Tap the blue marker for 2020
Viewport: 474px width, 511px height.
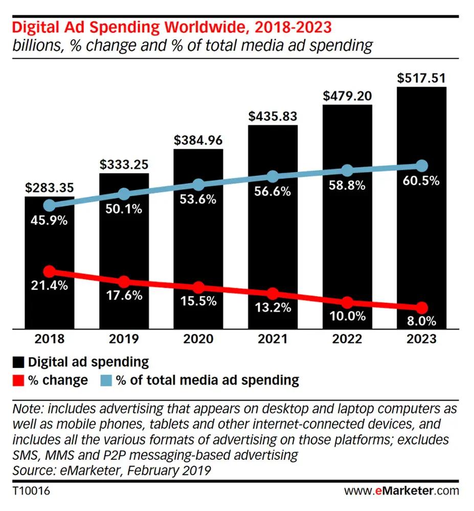pos(198,184)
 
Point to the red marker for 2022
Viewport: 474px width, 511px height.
pos(347,302)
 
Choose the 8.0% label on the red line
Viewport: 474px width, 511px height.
pos(421,322)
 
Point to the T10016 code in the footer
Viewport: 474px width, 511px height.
pos(31,491)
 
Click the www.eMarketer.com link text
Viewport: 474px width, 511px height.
pos(401,491)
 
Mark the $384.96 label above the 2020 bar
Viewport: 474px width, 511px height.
pos(198,140)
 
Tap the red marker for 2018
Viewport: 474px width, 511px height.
pos(50,271)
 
